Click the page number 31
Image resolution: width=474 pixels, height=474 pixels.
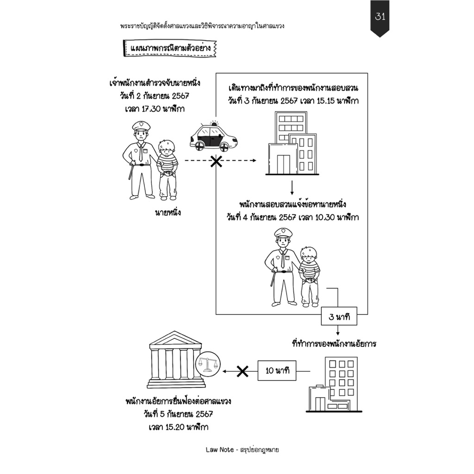click(x=380, y=17)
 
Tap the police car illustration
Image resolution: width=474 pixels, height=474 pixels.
click(x=213, y=137)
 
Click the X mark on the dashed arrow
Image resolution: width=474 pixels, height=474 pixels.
click(x=216, y=162)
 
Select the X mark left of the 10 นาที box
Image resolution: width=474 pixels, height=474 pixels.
click(x=242, y=371)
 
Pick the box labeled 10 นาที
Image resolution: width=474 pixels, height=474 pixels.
click(x=277, y=371)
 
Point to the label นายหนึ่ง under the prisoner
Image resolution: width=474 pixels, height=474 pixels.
click(x=168, y=213)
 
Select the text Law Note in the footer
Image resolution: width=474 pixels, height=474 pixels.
click(x=219, y=449)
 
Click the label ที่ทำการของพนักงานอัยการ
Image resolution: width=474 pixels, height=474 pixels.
click(x=334, y=344)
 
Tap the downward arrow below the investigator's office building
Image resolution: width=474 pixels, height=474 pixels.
click(x=292, y=187)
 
